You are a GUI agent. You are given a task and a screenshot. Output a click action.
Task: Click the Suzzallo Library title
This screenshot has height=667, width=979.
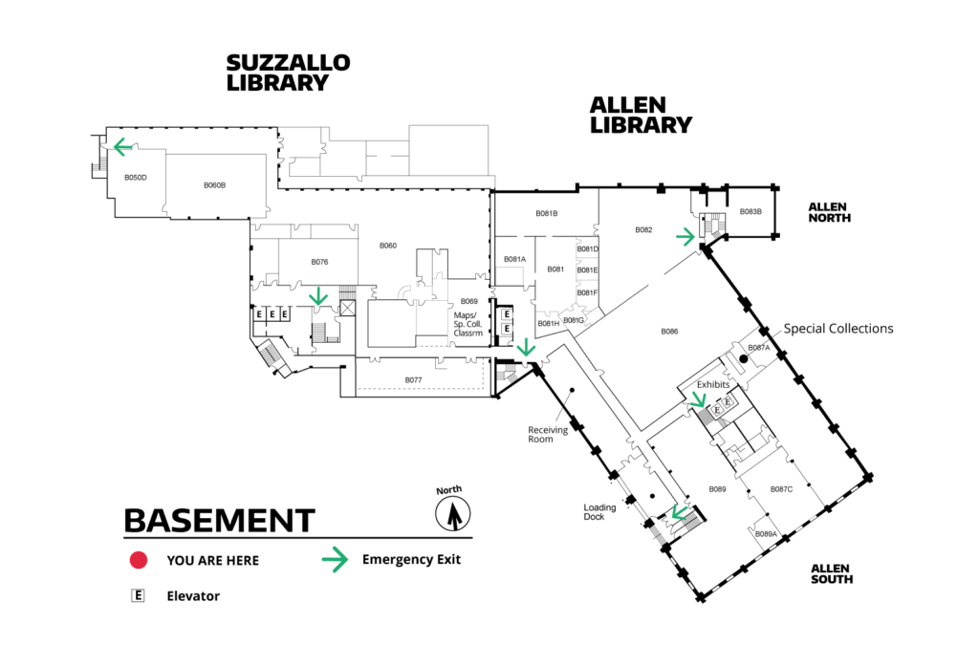point(288,73)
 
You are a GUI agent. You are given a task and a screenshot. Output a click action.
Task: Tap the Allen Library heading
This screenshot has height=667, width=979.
point(641,115)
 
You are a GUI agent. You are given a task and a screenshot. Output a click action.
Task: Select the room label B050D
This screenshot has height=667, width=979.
point(136,178)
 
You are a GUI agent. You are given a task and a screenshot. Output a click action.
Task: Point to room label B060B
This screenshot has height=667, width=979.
point(214,185)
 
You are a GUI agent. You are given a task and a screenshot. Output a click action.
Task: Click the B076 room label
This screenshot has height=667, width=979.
point(319,262)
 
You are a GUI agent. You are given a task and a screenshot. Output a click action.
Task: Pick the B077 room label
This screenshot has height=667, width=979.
point(413,380)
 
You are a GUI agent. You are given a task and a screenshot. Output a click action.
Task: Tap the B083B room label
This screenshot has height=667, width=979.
point(751,211)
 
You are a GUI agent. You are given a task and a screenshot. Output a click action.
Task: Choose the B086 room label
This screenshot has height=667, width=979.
point(669,332)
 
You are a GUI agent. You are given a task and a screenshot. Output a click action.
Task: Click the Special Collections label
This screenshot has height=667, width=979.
point(838,329)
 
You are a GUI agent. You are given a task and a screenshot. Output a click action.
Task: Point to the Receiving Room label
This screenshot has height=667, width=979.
point(548,434)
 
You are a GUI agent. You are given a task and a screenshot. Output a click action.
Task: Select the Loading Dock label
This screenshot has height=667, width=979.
point(599,512)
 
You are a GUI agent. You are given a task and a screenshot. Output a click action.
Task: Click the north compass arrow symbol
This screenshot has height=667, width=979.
point(452,514)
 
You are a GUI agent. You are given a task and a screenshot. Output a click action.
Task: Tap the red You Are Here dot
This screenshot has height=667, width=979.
point(139,560)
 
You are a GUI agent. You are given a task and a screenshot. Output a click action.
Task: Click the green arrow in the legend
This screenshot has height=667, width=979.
point(335,560)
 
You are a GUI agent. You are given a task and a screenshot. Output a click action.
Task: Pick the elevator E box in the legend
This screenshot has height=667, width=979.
point(138,596)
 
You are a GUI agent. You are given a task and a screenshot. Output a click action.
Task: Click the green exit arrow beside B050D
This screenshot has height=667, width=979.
point(123,147)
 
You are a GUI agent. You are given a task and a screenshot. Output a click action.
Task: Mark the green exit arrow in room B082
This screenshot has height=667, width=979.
point(685,236)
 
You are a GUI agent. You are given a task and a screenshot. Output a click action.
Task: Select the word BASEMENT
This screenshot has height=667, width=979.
point(219,521)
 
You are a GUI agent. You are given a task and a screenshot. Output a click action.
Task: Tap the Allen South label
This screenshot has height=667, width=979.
point(832,574)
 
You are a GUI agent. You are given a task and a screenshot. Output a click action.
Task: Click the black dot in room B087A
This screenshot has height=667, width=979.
point(744,359)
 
